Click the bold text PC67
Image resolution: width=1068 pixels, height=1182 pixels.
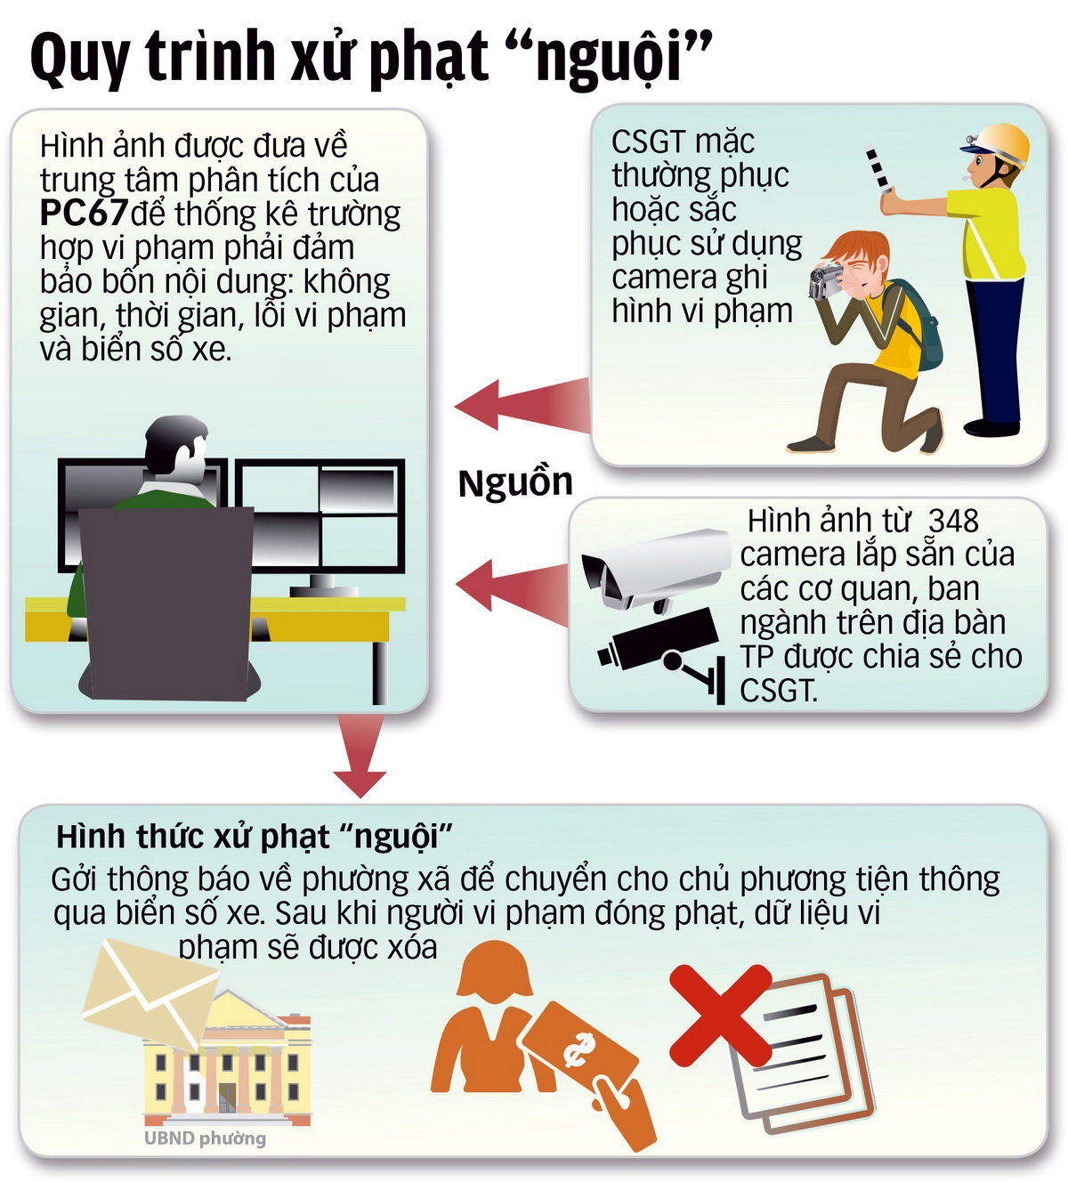coord(84,214)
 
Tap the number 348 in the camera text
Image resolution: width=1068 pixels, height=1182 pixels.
coord(953,521)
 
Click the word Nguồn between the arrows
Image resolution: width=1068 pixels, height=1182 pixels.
coord(515,482)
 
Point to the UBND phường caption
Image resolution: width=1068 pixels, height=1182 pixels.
coord(205,1138)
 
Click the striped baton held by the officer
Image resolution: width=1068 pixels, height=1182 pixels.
coord(877,168)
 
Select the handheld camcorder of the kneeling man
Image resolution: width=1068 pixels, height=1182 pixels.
coord(828,279)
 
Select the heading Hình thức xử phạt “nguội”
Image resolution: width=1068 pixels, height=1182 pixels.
coord(255,837)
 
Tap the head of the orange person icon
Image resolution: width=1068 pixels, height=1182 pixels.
coord(495,972)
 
